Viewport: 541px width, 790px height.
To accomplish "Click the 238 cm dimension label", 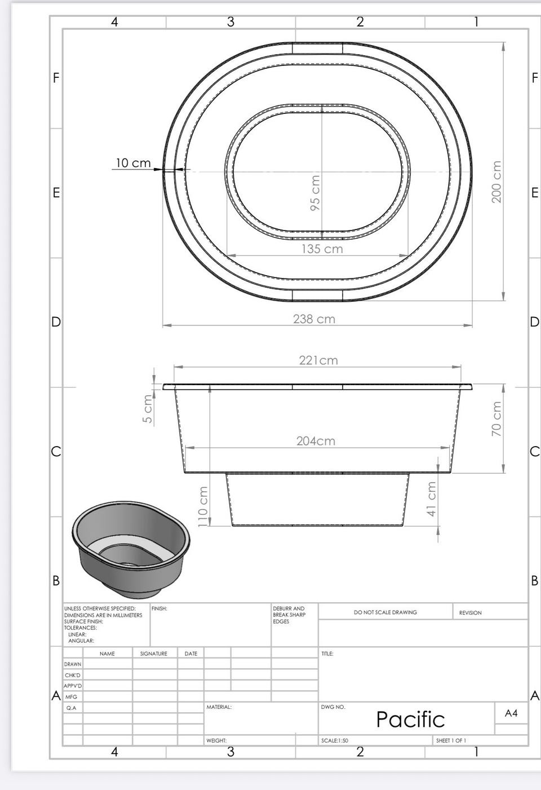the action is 314,319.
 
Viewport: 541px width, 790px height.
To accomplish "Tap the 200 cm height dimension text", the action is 496,182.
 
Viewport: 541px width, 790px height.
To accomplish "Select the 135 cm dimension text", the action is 322,249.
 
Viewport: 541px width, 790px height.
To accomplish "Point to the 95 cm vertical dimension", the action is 315,193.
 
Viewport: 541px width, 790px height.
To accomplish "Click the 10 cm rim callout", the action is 133,163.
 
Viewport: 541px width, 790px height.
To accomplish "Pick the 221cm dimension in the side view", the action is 318,360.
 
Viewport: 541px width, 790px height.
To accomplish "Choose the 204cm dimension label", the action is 316,441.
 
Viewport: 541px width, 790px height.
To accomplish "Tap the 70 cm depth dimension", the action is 496,418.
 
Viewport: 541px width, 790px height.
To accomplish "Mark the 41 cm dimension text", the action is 431,499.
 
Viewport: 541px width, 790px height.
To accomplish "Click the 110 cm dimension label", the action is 203,506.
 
